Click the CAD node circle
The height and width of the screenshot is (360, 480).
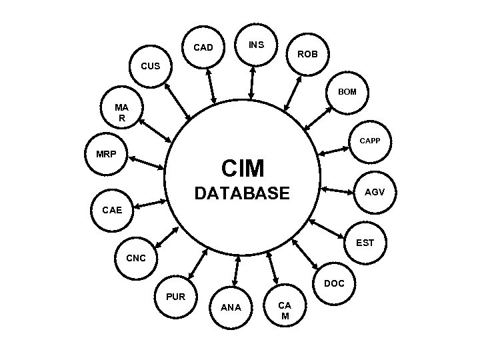(x=203, y=47)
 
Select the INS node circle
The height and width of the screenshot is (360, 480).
(x=257, y=45)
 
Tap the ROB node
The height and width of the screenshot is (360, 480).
(x=307, y=53)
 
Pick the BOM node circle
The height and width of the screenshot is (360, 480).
(x=347, y=91)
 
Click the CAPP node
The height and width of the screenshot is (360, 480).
(x=369, y=141)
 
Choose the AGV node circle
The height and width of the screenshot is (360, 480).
(x=374, y=192)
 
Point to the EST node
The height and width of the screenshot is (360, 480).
(x=365, y=243)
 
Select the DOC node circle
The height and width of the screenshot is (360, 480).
(x=334, y=283)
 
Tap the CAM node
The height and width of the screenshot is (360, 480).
(x=285, y=310)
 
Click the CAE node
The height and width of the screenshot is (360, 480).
(x=112, y=210)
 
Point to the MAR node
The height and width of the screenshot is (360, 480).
(x=121, y=112)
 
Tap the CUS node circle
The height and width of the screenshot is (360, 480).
(x=151, y=66)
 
